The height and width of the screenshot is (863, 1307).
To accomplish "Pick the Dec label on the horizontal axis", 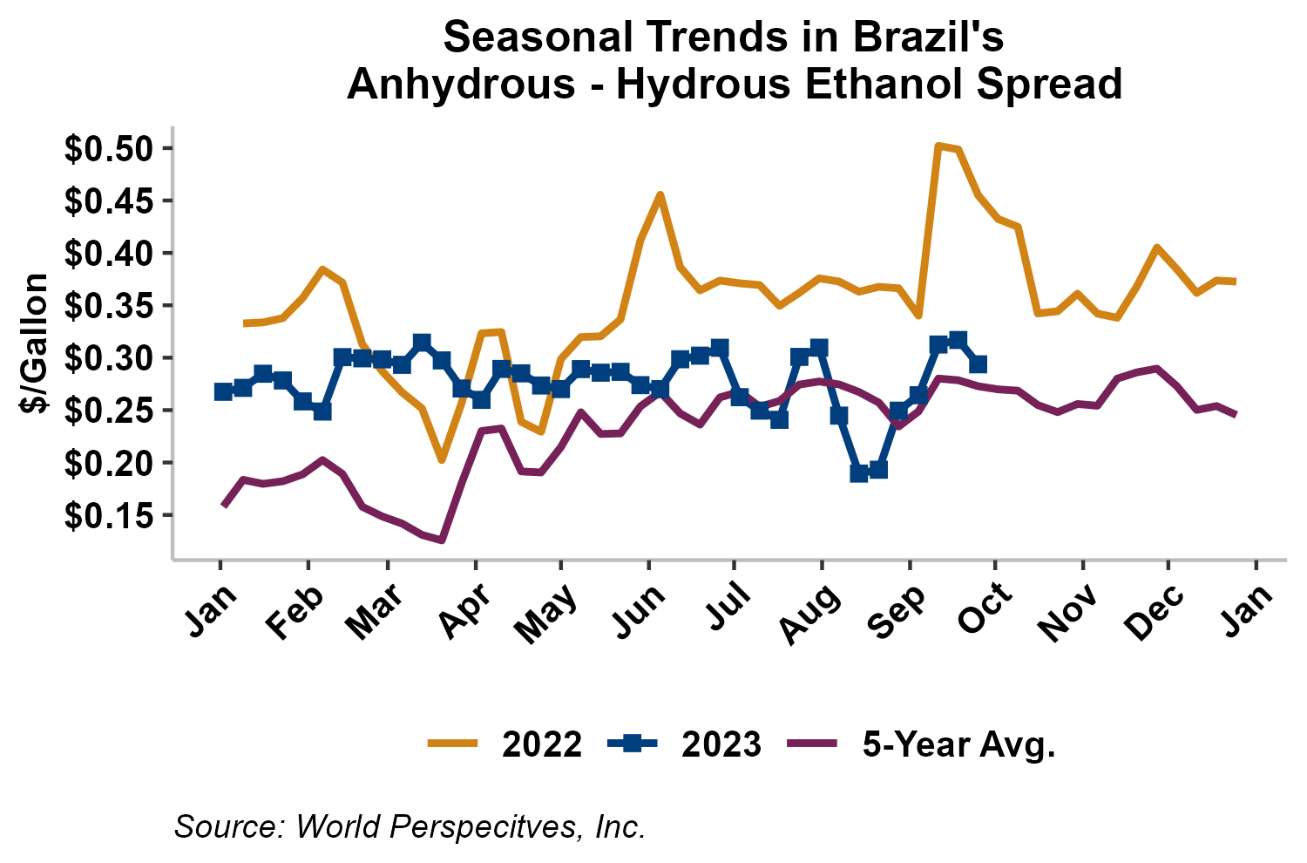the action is pos(1155,612).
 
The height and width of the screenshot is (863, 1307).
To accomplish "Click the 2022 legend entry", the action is pos(505,744).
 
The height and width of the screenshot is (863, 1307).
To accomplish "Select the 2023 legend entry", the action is pos(684,744).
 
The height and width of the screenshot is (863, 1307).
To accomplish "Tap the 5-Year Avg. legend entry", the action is pos(922,744).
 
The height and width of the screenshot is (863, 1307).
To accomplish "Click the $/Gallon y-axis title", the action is pos(34,343).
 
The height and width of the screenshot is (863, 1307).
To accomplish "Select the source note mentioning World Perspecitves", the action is pos(410,826).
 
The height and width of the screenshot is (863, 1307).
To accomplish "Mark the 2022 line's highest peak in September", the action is pos(938,146).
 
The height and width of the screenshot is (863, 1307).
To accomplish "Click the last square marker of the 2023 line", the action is pos(978,364).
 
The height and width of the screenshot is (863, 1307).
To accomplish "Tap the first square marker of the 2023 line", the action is pos(223,391).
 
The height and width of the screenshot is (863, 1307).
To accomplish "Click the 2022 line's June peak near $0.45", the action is pos(660,194).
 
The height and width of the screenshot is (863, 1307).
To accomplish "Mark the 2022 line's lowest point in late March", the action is pos(442,460).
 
